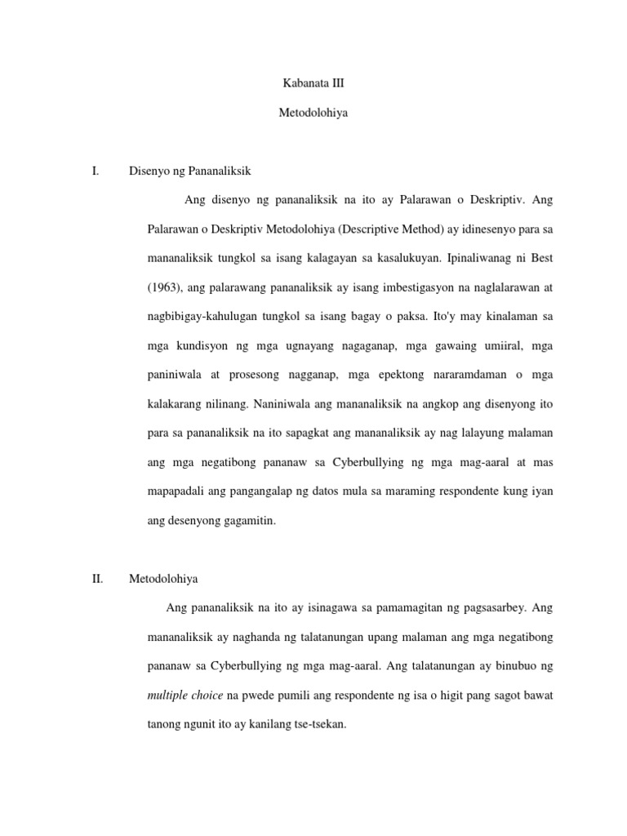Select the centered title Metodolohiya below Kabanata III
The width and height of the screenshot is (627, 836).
313,113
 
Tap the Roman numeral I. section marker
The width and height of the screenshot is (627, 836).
96,171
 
